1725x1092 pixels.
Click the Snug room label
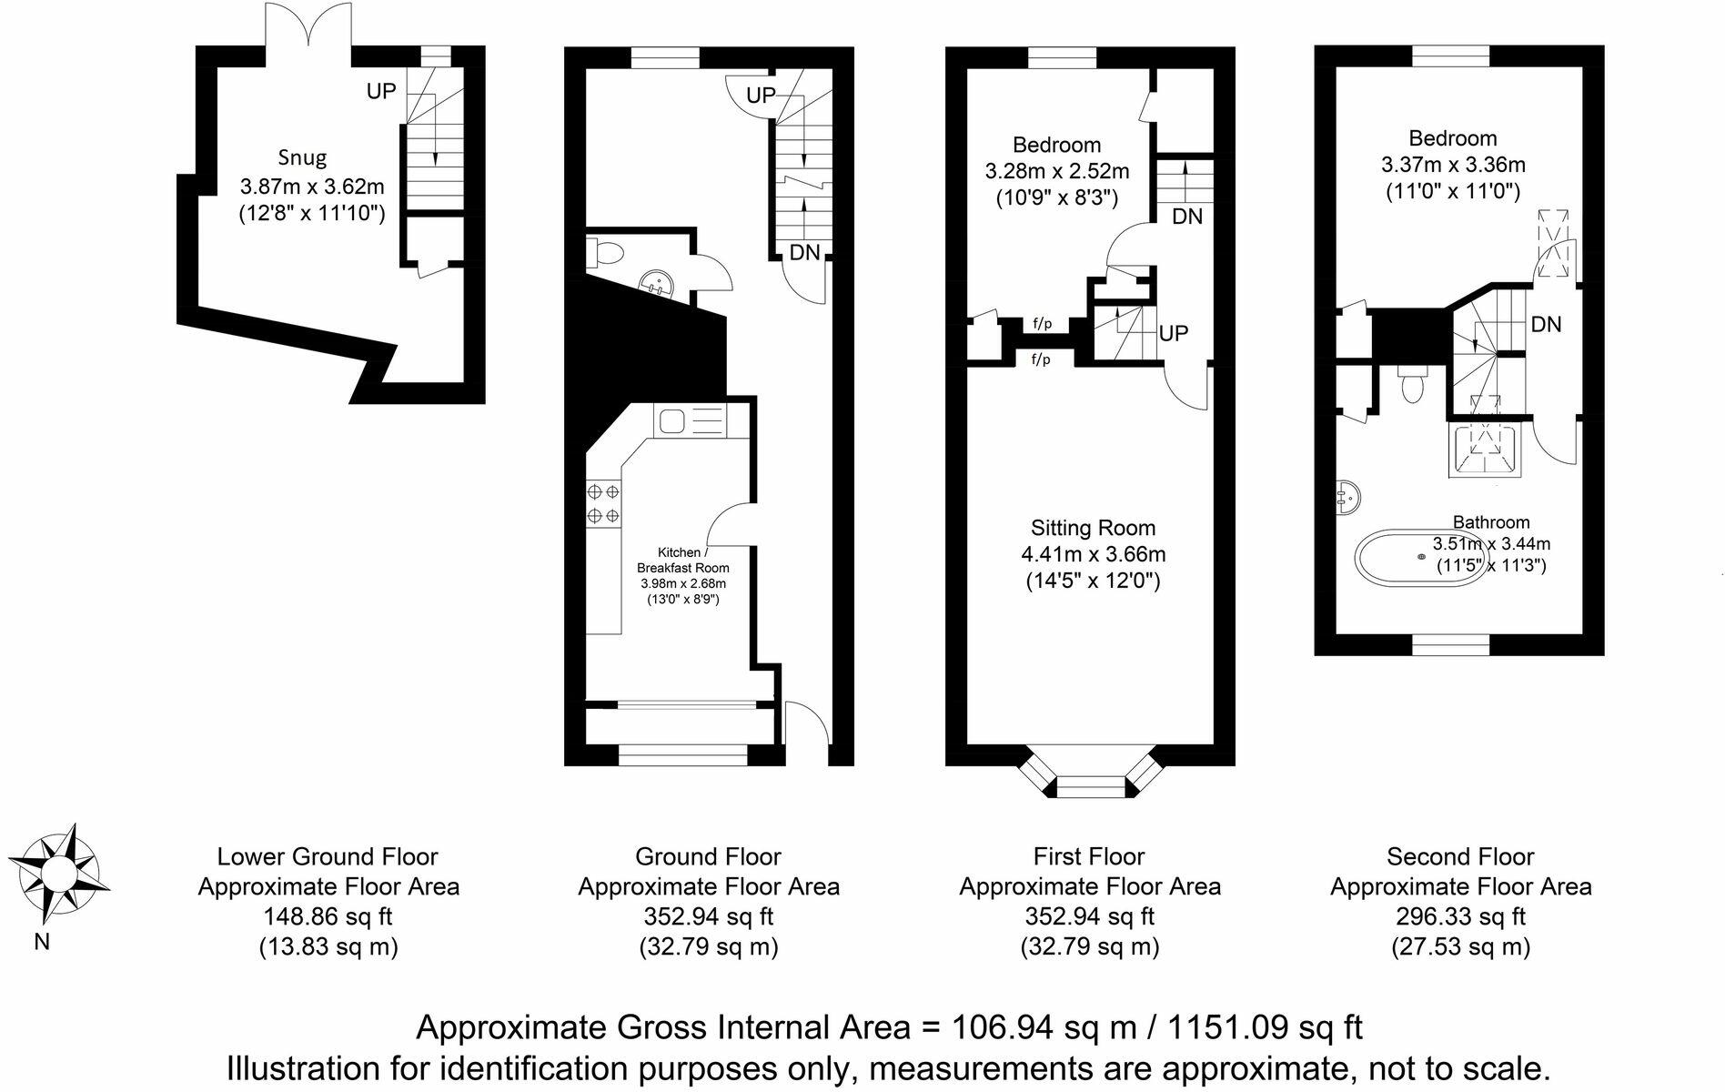click(x=302, y=157)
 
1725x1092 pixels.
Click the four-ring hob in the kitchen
click(x=603, y=503)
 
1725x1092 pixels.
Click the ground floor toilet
click(x=602, y=250)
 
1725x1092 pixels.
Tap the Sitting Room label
click(x=1093, y=528)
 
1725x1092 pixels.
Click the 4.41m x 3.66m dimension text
click(x=1093, y=554)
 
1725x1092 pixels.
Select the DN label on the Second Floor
click(x=1546, y=324)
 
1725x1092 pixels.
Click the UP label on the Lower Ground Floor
click(x=381, y=91)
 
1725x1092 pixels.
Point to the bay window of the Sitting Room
click(x=1090, y=781)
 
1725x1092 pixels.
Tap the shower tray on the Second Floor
click(x=1484, y=450)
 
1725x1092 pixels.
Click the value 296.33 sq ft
click(x=1459, y=916)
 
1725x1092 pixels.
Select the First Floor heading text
click(x=1088, y=856)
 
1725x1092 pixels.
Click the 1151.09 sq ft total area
click(x=1265, y=1027)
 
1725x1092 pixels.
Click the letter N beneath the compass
click(x=42, y=943)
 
